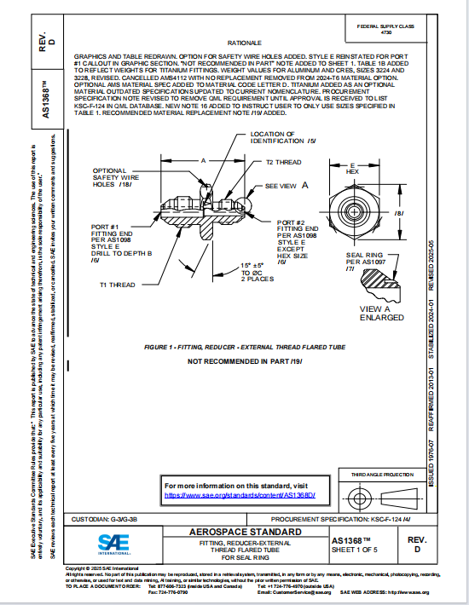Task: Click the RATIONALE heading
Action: point(245,42)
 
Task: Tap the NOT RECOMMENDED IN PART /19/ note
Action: point(245,362)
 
